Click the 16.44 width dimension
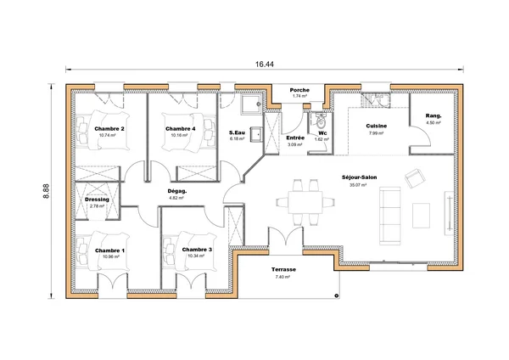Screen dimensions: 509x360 click(264, 65)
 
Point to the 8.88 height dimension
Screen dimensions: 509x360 click(47, 191)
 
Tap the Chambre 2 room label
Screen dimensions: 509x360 click(109, 129)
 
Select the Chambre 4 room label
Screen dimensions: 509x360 click(181, 129)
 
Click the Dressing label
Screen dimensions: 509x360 click(97, 200)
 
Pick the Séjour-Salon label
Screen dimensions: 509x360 click(360, 177)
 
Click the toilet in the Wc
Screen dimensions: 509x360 click(321, 121)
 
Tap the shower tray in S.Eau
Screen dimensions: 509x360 click(251, 104)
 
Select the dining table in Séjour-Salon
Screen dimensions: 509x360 click(305, 202)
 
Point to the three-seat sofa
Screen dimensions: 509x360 click(390, 216)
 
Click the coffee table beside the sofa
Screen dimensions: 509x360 click(421, 216)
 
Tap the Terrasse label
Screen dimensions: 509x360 click(283, 269)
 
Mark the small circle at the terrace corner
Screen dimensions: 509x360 click(337, 295)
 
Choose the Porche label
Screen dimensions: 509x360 click(299, 90)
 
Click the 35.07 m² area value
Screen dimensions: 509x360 click(358, 185)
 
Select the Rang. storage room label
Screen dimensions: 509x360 click(433, 115)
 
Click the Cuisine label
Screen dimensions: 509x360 click(377, 126)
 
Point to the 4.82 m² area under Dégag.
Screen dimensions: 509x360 click(176, 198)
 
